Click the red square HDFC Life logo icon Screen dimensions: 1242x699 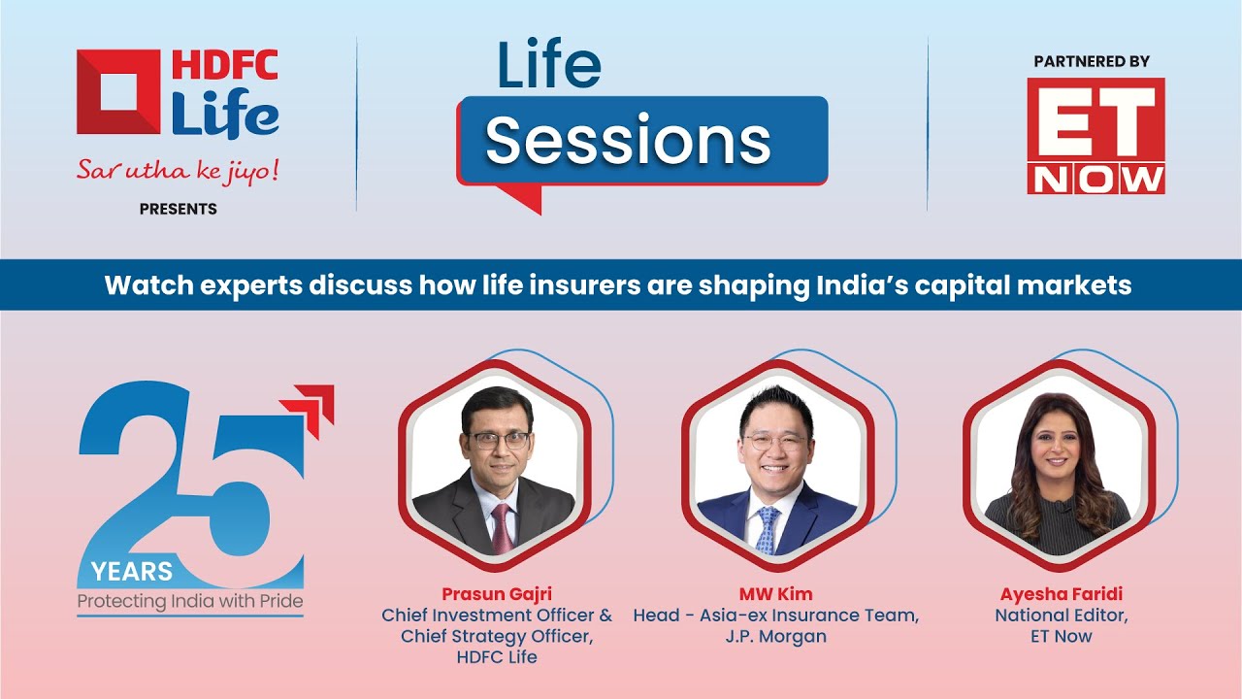[118, 91]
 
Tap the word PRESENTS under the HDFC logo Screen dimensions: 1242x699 [178, 209]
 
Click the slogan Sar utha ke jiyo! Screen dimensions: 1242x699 [178, 171]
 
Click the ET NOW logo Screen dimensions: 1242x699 [1095, 136]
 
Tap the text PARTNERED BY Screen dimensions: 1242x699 [1092, 61]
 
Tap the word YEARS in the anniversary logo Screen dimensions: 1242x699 [132, 572]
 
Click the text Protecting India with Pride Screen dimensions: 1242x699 [190, 601]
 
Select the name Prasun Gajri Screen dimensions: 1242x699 [497, 594]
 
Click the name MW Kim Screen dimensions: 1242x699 [775, 594]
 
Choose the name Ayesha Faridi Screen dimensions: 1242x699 [1062, 594]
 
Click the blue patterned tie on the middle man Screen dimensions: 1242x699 [768, 531]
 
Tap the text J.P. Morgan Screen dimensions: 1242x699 [775, 636]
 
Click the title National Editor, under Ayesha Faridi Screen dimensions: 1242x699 [1062, 616]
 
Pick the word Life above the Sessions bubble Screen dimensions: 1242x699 [549, 63]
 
